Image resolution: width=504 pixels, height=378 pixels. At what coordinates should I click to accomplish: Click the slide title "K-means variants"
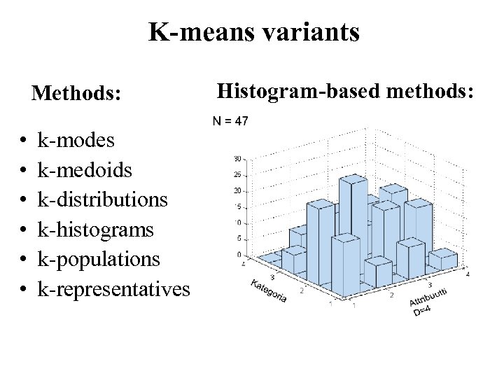point(253,31)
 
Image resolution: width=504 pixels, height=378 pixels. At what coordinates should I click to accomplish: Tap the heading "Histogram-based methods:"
point(346,90)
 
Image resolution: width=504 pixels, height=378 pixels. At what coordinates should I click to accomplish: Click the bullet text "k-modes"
point(76,141)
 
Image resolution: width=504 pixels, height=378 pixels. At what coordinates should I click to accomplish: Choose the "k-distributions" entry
point(103,199)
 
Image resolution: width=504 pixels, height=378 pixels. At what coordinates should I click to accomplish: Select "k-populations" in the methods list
point(99,258)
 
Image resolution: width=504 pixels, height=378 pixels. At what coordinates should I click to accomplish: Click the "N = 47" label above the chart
point(230,121)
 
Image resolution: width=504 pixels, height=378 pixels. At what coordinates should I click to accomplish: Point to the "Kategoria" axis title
point(267,290)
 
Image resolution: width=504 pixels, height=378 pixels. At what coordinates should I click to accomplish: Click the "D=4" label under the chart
point(422,310)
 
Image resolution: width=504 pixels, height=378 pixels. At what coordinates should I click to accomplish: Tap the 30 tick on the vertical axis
point(239,158)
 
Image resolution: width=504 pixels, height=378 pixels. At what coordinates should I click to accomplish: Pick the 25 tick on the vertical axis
point(239,174)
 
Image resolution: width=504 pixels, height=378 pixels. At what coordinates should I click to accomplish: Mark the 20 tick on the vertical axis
point(239,190)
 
